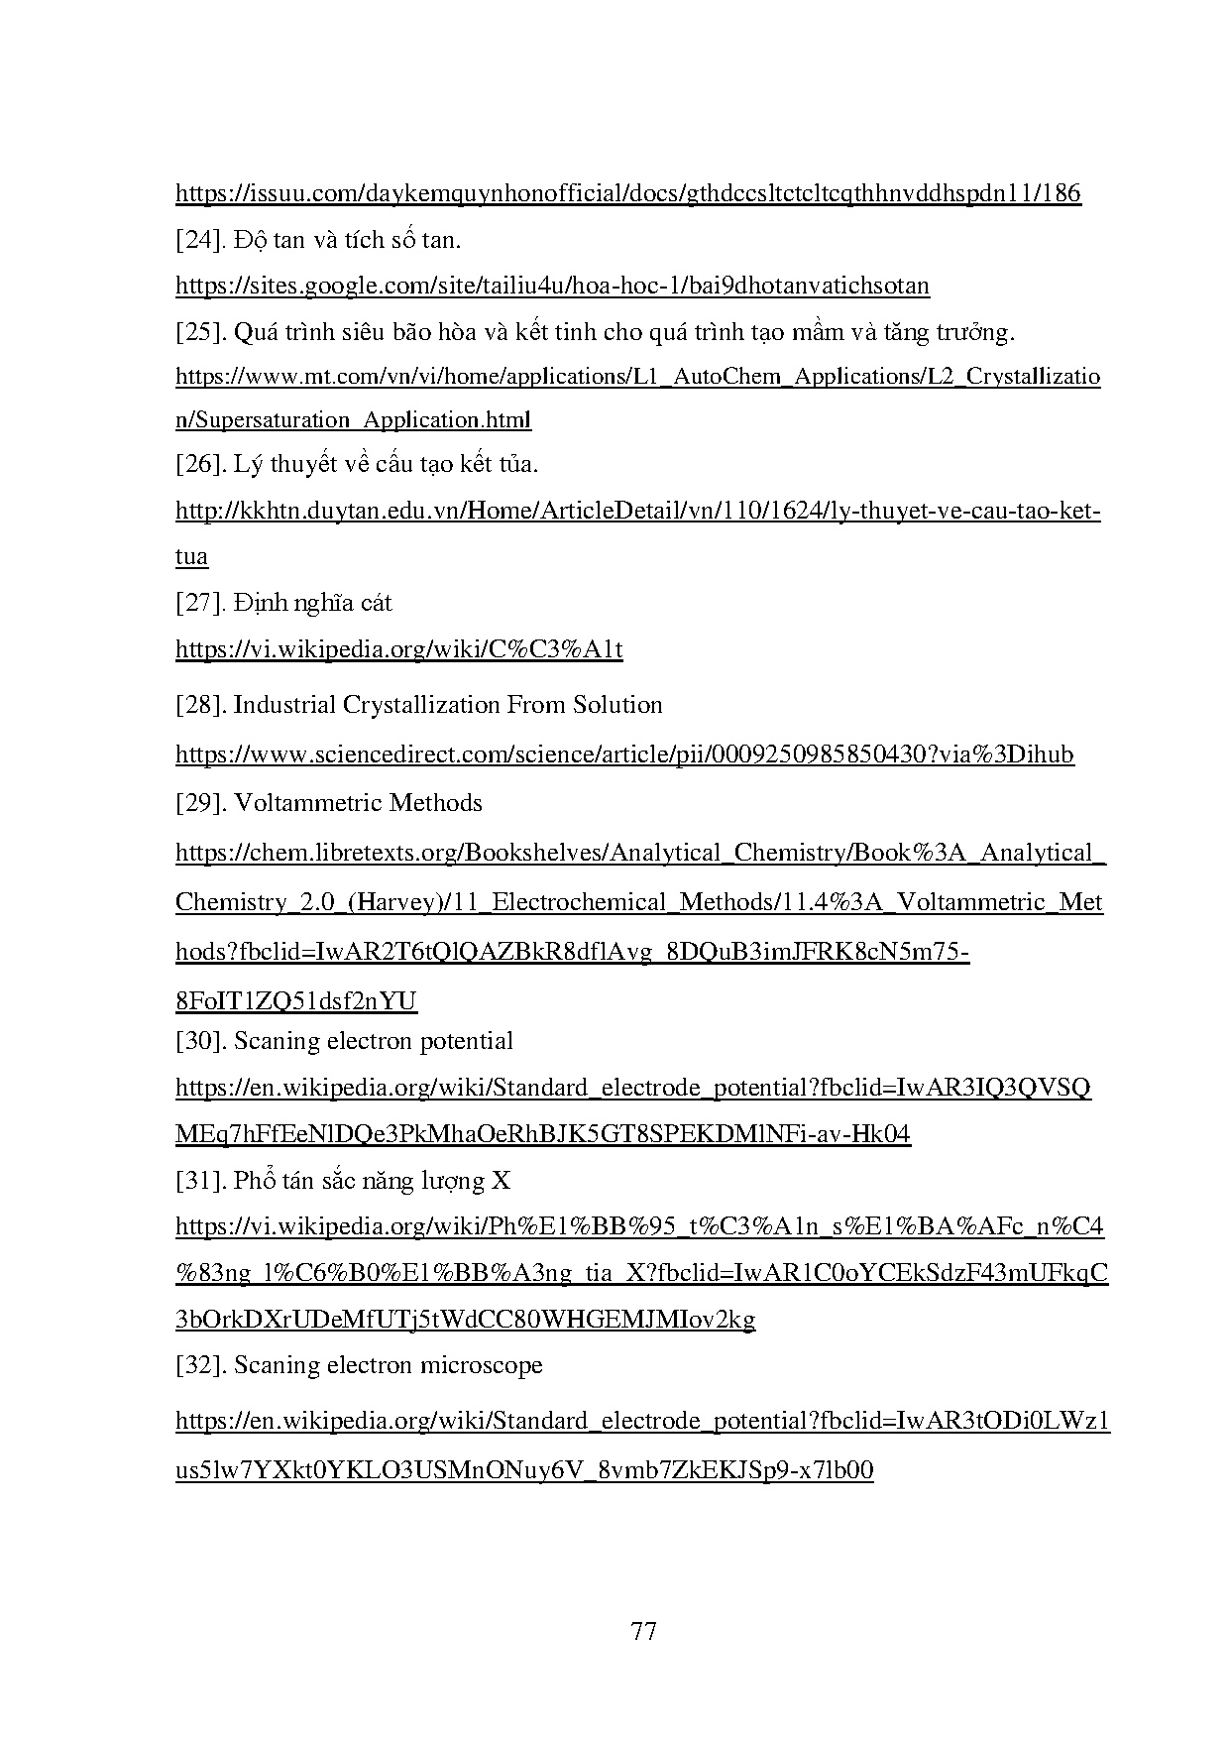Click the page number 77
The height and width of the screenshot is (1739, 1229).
[x=643, y=1631]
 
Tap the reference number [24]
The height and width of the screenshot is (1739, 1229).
[x=201, y=240]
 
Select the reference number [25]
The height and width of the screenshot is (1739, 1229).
[x=201, y=332]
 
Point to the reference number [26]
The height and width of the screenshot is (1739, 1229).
[x=201, y=464]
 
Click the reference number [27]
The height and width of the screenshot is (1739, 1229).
[x=201, y=603]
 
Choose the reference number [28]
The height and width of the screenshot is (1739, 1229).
[x=201, y=705]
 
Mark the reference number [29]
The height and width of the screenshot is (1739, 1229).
[x=201, y=803]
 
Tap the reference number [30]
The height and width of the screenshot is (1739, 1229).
[x=201, y=1041]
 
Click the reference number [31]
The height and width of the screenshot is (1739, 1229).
[x=201, y=1181]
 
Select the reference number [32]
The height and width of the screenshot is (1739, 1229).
[x=201, y=1365]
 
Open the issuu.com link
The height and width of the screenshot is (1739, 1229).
[x=627, y=193]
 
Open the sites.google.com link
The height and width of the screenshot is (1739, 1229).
[x=552, y=287]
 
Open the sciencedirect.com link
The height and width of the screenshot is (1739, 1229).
[x=624, y=754]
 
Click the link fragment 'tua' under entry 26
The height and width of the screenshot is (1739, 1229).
[x=191, y=556]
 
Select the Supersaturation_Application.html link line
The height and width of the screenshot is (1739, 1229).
[x=353, y=419]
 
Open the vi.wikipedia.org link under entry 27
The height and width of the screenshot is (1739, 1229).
[x=398, y=649]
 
